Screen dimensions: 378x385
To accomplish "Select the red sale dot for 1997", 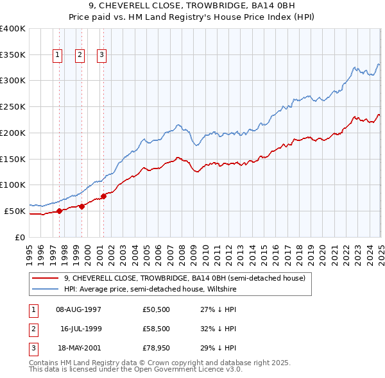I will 59,210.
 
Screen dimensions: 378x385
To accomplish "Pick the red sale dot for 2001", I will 103,195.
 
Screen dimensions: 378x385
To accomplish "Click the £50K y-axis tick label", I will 15,211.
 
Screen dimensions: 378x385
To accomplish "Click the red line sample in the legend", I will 45,278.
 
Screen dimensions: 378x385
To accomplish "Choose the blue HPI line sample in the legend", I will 45,289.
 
